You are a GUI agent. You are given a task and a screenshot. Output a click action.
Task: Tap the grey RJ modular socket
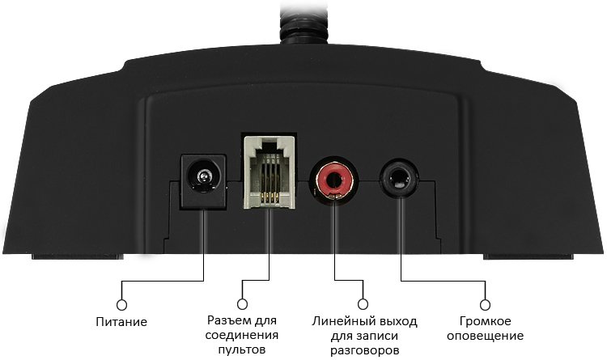[269, 172]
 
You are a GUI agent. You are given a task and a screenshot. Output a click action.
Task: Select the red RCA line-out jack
[333, 180]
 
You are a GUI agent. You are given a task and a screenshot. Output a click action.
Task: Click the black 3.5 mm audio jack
[399, 178]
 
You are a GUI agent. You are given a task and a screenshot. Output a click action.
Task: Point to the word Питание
[121, 322]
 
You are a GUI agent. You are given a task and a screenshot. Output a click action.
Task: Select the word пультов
[242, 350]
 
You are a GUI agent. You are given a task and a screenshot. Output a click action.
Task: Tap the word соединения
[242, 335]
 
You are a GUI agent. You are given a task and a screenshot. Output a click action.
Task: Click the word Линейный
[338, 321]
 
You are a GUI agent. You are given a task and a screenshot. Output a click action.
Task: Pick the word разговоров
[364, 351]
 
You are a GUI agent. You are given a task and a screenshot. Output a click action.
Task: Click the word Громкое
[486, 321]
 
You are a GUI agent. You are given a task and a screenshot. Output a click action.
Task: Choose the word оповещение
[486, 336]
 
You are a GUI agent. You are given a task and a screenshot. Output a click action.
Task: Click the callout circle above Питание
[121, 305]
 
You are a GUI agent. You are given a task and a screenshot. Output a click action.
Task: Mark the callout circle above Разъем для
[242, 304]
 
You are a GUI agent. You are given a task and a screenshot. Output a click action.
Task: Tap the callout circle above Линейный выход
[363, 304]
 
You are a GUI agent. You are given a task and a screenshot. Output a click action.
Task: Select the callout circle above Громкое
[485, 305]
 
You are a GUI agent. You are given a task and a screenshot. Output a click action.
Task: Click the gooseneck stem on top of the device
[303, 21]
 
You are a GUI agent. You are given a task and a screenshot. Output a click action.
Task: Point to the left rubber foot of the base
[78, 256]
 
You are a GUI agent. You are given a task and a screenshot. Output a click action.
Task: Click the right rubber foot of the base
[528, 256]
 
